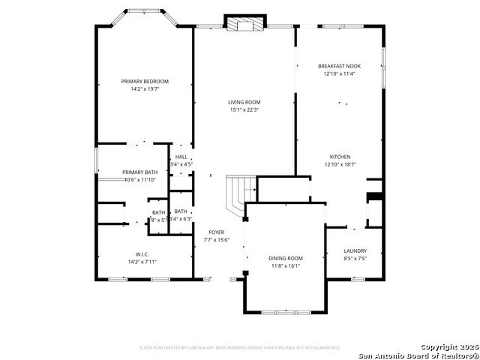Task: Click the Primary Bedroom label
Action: coord(145,81)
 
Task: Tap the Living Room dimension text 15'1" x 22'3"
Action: coord(244,110)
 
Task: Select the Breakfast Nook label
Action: coord(339,66)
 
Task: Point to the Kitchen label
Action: coord(339,157)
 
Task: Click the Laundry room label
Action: coord(355,251)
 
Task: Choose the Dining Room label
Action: coord(285,258)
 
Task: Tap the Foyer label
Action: coord(217,232)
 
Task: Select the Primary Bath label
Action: coord(140,172)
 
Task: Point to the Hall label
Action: coord(181,156)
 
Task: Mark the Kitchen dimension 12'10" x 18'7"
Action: coord(339,164)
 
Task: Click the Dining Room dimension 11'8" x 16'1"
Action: coord(285,265)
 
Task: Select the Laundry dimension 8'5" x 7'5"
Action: coord(355,259)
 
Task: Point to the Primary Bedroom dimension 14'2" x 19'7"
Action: coord(145,88)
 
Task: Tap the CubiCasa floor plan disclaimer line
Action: coord(240,347)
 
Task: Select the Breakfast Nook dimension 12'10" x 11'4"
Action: coord(339,73)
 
